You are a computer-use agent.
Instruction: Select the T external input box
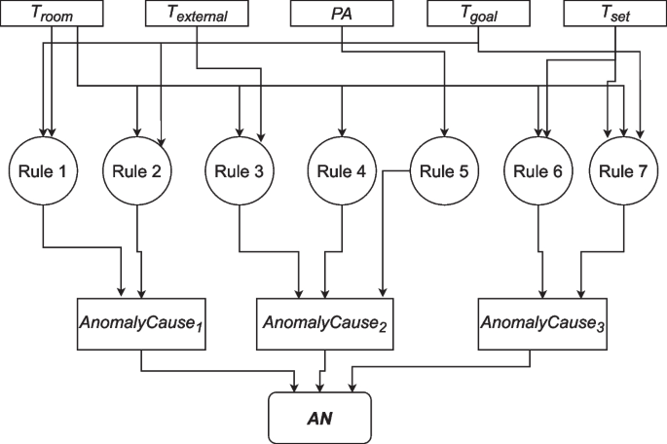click(197, 14)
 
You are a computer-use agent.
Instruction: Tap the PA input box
click(341, 14)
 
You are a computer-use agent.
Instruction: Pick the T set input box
click(614, 14)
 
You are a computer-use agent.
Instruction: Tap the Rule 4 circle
click(342, 171)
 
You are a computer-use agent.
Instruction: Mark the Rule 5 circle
click(443, 171)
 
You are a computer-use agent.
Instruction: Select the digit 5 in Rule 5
click(463, 171)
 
